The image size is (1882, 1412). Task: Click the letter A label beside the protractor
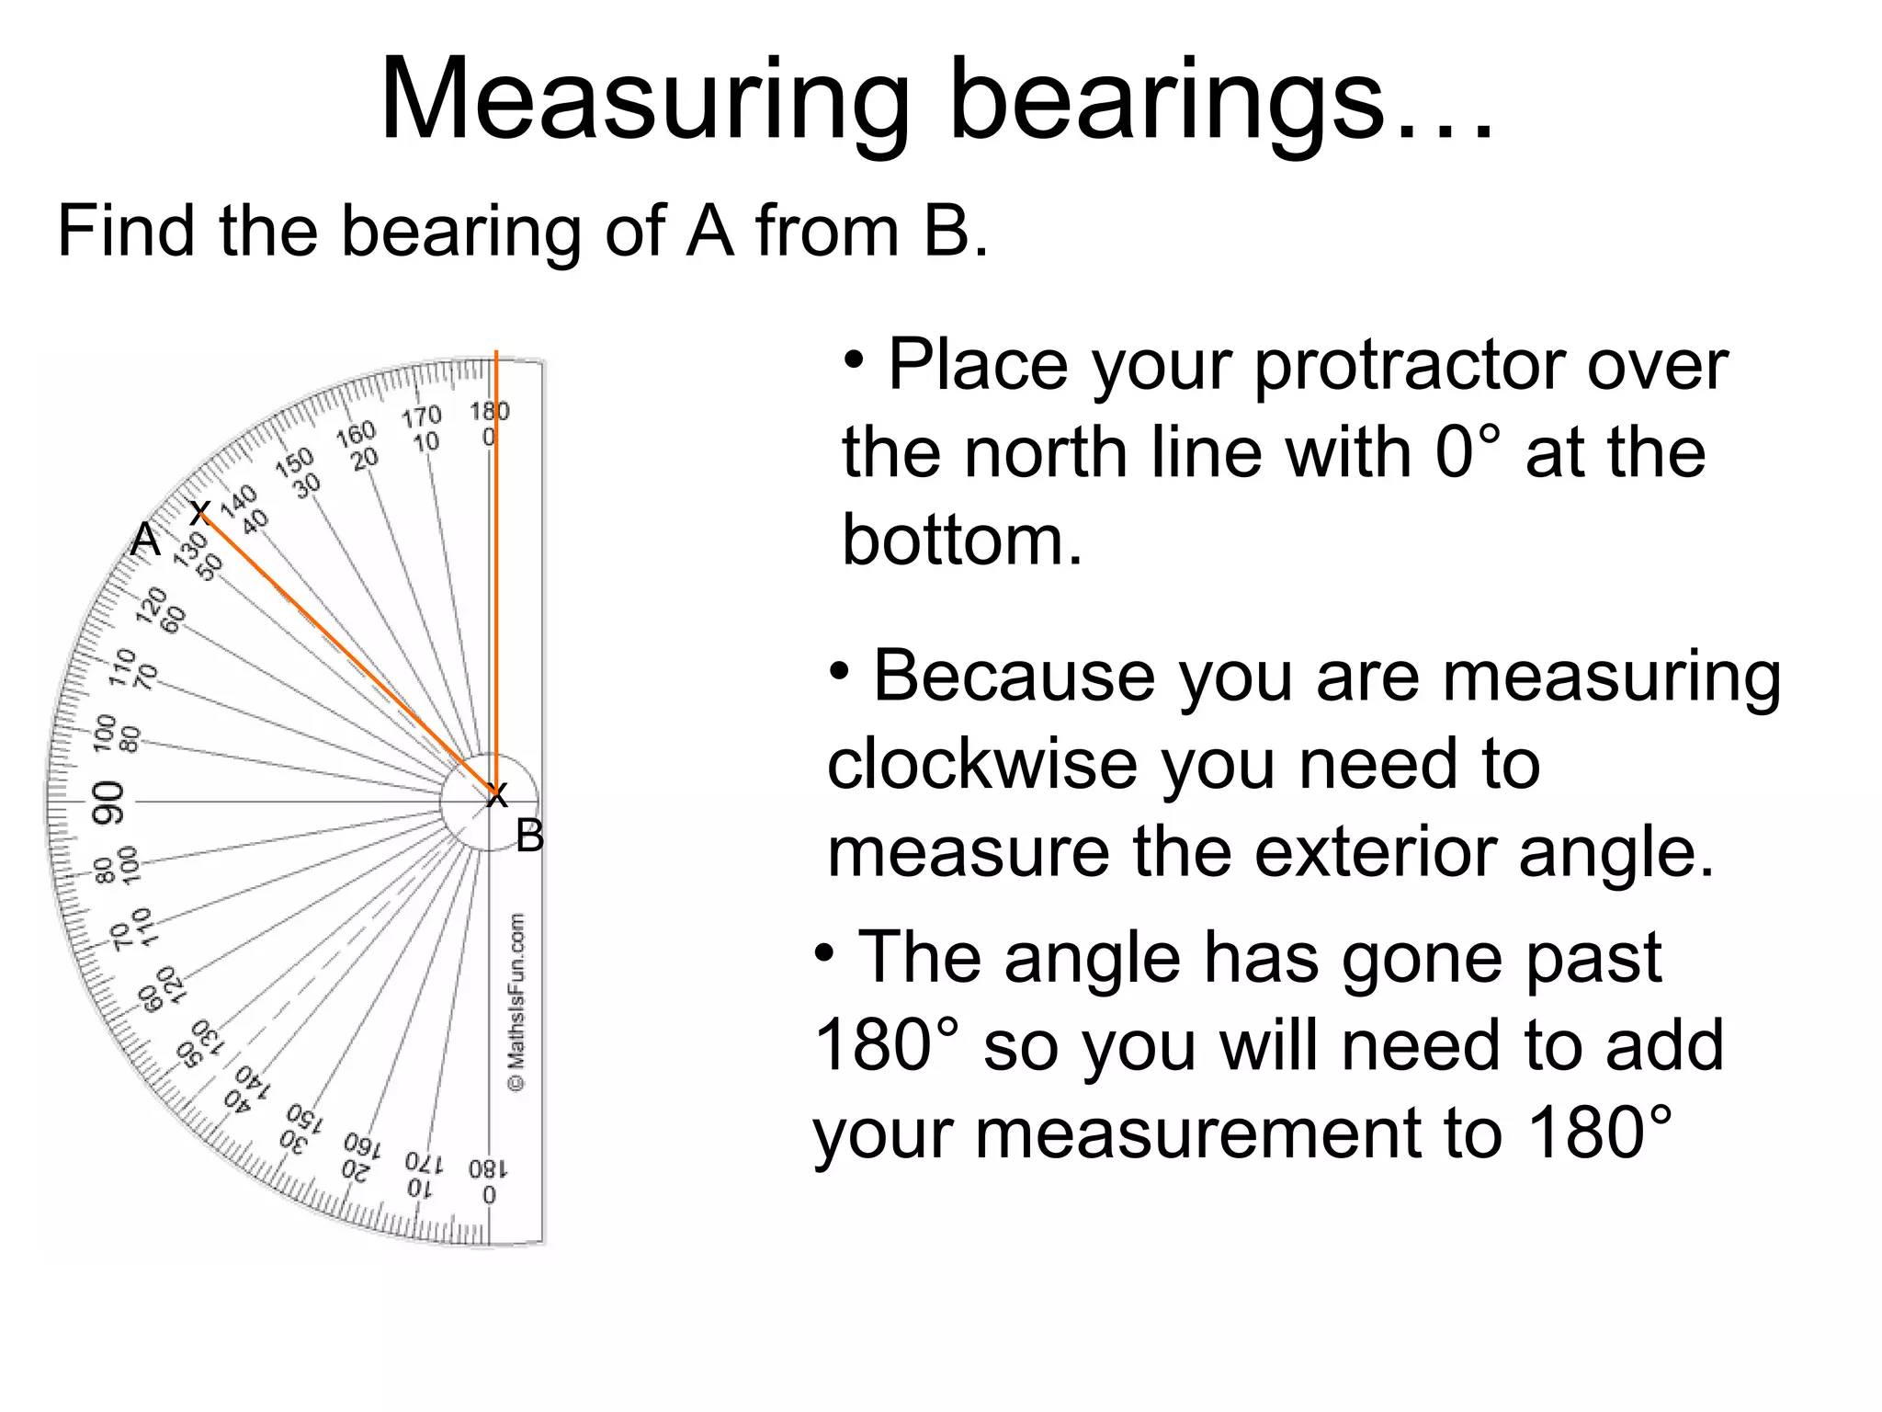[145, 540]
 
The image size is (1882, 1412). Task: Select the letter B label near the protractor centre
[529, 837]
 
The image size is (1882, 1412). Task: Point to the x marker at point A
[199, 512]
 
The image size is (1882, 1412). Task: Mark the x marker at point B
[496, 795]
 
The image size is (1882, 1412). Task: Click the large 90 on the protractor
[108, 802]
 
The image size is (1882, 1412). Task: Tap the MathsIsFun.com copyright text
[517, 1002]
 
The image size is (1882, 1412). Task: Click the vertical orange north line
[496, 552]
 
